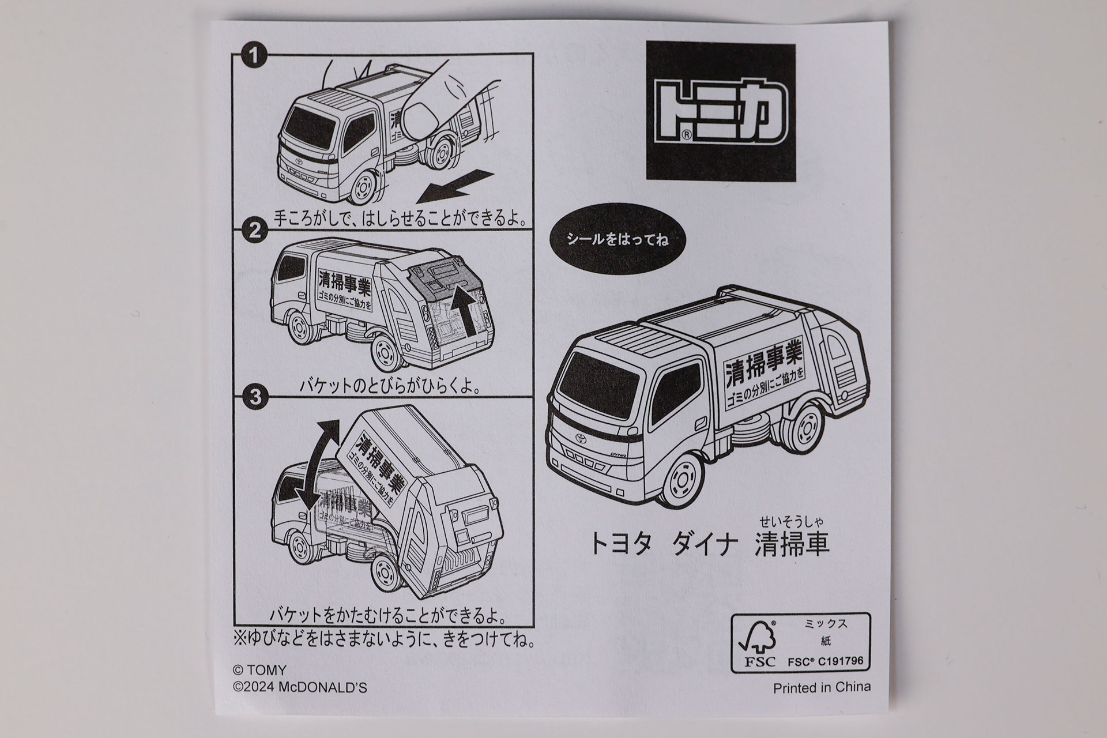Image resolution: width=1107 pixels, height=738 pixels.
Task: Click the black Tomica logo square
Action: [x=720, y=112]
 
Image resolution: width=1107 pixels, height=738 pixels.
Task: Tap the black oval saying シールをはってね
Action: [x=617, y=240]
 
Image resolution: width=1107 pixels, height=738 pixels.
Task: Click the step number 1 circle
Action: [x=254, y=57]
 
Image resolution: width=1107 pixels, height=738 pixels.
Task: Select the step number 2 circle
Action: [x=254, y=232]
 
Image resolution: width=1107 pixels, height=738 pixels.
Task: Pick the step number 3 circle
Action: [x=254, y=397]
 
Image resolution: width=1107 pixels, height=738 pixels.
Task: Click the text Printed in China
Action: [x=822, y=687]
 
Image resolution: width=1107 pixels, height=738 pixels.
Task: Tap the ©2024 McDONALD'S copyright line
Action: [x=299, y=688]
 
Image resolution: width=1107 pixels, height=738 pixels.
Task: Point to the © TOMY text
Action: [x=259, y=671]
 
